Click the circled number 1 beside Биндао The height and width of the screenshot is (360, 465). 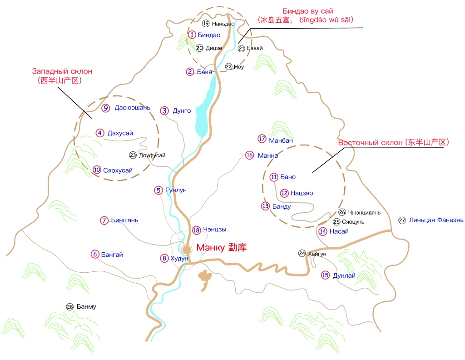193,35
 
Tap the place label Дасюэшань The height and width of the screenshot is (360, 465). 132,108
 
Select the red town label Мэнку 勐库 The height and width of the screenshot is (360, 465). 221,248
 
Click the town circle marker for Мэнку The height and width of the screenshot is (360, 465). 187,250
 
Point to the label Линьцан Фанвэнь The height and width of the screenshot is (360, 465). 436,220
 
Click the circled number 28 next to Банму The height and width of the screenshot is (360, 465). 69,306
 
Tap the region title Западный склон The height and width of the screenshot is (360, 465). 62,71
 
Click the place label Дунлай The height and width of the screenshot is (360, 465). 345,275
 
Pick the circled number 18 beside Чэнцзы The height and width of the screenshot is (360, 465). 196,230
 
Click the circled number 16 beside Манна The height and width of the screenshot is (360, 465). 249,155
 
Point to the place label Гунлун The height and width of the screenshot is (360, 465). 176,190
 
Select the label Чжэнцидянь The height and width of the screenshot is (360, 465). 364,212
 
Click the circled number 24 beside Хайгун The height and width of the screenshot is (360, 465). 302,253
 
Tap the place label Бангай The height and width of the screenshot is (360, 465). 112,254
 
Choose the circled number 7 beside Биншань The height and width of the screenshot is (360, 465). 104,220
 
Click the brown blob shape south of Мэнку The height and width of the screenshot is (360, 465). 206,279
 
